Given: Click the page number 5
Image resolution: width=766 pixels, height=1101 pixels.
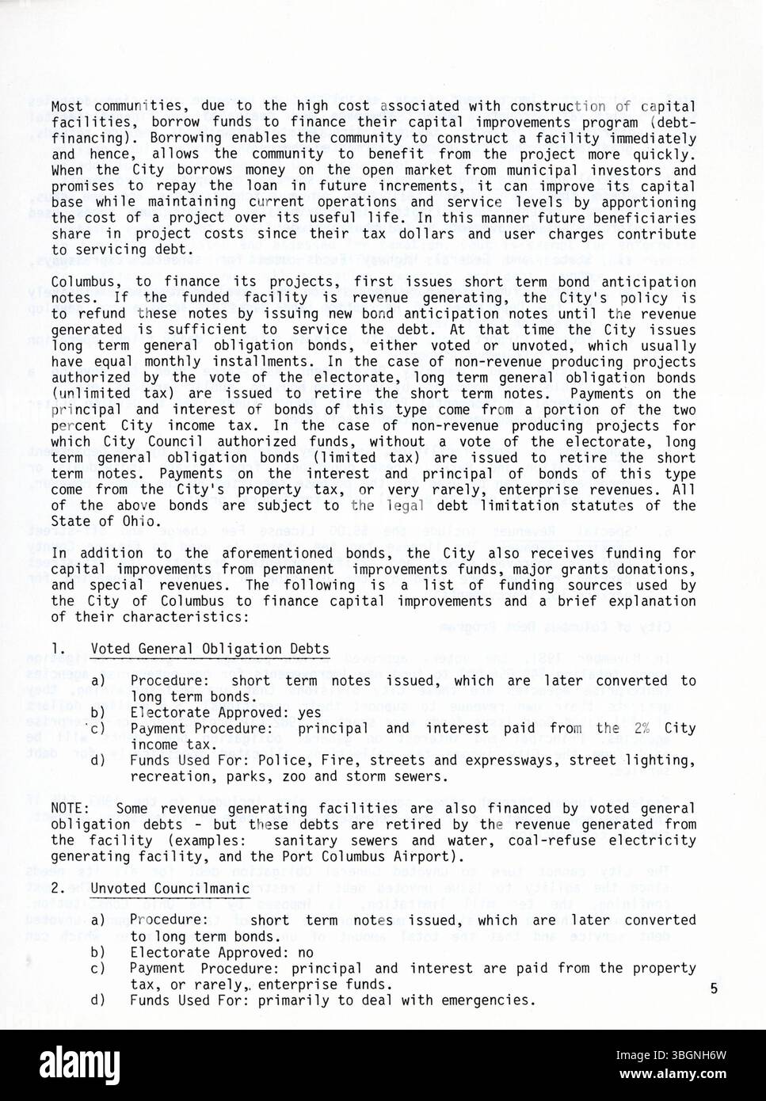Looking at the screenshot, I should [x=714, y=989].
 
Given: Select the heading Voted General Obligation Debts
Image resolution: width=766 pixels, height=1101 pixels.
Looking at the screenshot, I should [x=210, y=649].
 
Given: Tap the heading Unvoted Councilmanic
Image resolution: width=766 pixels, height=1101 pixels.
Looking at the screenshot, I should [x=170, y=889].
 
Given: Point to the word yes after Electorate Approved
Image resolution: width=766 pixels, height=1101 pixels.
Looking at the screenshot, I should [x=310, y=712].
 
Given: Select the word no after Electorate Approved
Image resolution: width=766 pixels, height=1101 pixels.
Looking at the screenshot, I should [x=306, y=952].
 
